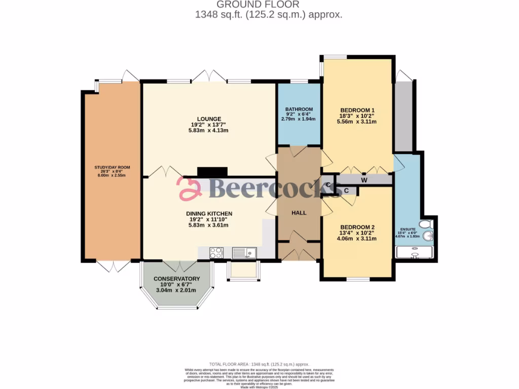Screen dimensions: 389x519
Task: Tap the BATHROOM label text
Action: tap(299, 109)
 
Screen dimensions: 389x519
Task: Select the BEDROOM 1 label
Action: tap(357, 110)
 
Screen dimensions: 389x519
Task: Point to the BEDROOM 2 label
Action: tap(357, 227)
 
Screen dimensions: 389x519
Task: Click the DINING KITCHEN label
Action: tap(208, 214)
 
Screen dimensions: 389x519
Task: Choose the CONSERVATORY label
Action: tap(177, 279)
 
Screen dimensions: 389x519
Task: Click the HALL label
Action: tap(299, 213)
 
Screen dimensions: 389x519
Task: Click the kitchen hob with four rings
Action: tap(216, 252)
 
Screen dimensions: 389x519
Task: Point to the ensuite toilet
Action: tap(426, 224)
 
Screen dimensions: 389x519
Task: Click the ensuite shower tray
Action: tap(415, 252)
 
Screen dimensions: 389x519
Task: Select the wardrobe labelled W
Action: tap(364, 179)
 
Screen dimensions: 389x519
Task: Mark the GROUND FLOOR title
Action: tap(268, 5)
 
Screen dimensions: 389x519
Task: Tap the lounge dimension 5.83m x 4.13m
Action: tap(208, 130)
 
